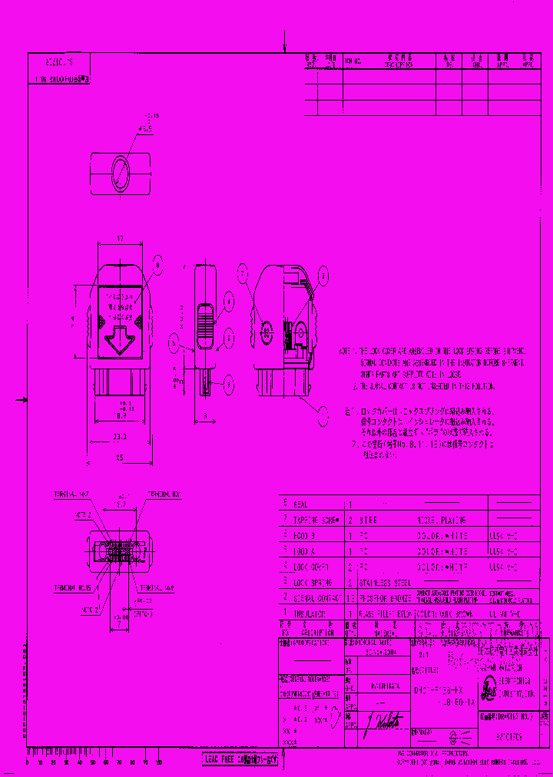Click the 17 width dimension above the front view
(x=120, y=240)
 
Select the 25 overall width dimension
(x=119, y=458)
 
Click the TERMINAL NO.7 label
(x=72, y=493)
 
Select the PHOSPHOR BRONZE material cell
(x=379, y=598)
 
